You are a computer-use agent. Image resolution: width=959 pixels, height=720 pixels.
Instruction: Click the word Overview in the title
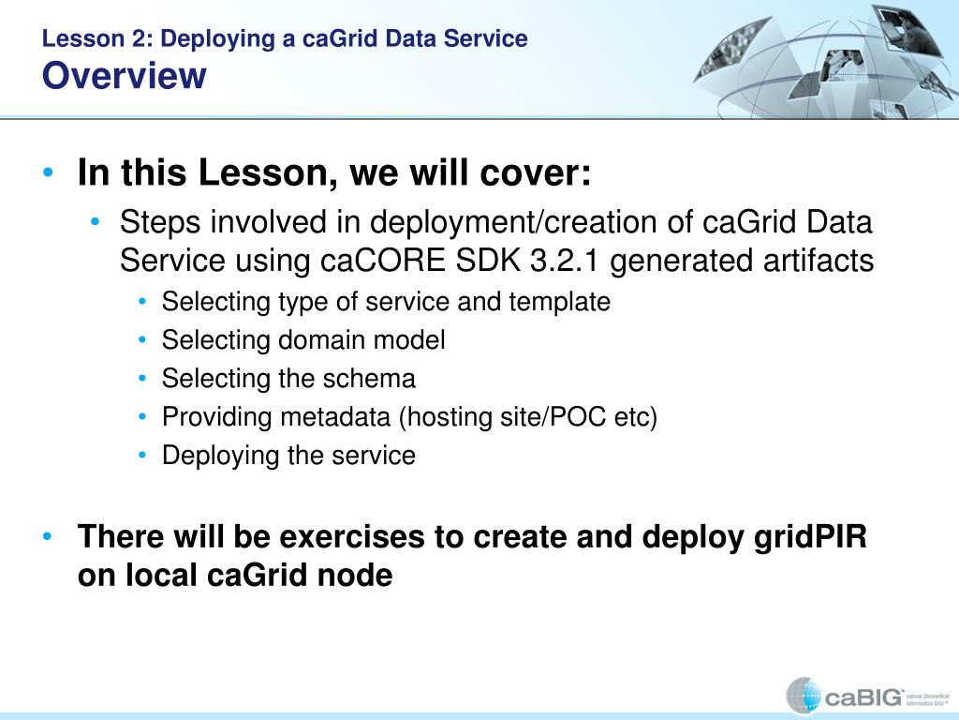[125, 75]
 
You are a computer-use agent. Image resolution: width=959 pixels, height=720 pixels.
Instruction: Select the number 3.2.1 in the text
[565, 261]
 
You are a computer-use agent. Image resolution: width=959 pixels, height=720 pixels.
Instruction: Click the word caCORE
[383, 261]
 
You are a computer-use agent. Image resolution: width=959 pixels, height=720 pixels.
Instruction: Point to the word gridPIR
[810, 537]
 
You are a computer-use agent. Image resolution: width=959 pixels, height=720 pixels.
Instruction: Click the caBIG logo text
[863, 697]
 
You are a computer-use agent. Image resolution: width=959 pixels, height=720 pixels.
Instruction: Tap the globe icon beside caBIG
[803, 696]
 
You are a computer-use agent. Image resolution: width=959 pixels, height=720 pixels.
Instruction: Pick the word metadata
[336, 417]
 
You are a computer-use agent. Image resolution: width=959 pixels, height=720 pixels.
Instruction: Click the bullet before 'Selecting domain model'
[142, 339]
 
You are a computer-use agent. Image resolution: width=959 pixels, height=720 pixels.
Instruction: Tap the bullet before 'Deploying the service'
[142, 455]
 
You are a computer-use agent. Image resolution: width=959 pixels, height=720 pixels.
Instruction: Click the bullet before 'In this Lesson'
[49, 172]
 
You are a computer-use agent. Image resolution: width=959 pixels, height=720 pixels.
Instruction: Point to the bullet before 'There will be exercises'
[49, 537]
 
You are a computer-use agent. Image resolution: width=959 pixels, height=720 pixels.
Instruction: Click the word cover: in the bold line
[536, 172]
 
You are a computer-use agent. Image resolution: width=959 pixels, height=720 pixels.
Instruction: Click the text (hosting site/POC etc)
[528, 417]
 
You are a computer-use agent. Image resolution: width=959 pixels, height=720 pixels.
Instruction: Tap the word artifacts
[819, 261]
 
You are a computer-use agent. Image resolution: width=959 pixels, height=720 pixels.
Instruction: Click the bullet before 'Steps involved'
[95, 221]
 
